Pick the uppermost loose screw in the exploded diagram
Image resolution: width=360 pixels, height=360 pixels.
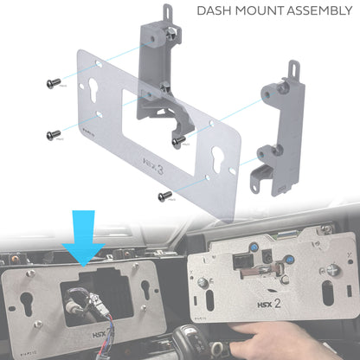(53, 83)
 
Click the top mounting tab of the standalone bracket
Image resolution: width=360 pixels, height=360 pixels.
(294, 70)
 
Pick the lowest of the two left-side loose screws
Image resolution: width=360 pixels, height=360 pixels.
(54, 134)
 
